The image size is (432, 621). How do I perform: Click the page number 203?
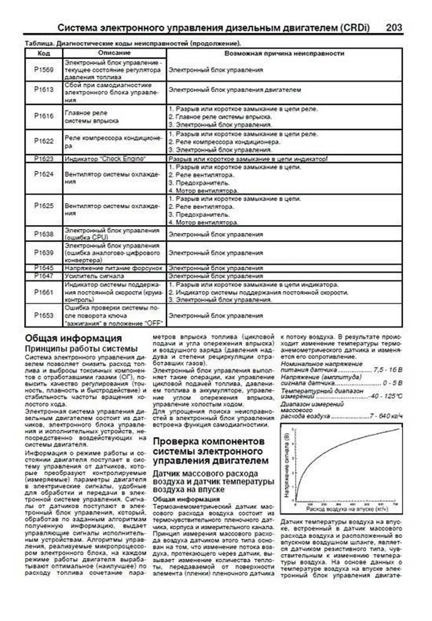pos(394,28)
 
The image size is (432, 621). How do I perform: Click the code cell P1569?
pos(44,70)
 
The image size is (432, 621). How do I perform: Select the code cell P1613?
pos(44,90)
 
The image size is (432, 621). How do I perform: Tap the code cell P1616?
pos(44,116)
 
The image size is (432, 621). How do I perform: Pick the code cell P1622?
pos(44,141)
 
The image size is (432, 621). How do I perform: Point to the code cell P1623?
pos(44,159)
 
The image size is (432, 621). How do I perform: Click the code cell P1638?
pos(44,234)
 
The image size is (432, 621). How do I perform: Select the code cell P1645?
pos(44,268)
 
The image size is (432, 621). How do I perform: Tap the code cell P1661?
pos(44,292)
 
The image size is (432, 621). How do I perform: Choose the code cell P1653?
pos(44,315)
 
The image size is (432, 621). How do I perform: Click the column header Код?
pos(44,53)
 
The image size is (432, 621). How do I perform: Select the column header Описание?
pos(114,53)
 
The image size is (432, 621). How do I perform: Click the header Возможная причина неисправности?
pos(284,53)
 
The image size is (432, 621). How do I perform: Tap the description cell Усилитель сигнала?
pos(94,276)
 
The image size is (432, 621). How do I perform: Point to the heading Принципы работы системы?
pos(81,348)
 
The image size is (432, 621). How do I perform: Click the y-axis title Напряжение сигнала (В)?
pos(287,465)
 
